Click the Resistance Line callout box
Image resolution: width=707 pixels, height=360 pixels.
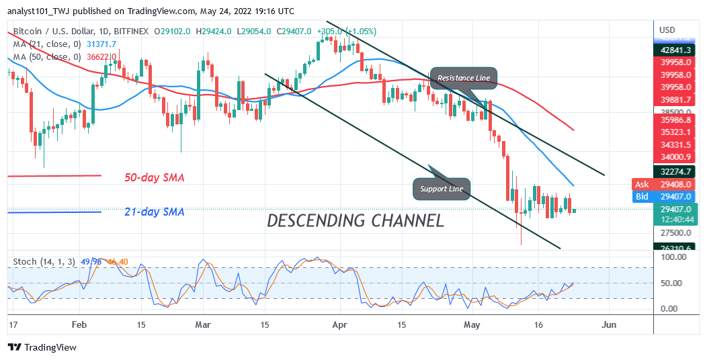[x=464, y=79]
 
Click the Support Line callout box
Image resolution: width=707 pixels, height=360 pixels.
[x=441, y=189]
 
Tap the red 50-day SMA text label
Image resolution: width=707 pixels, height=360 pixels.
[x=154, y=178]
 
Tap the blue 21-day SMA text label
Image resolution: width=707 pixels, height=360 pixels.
[x=154, y=212]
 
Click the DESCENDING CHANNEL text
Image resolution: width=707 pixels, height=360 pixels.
[x=356, y=220]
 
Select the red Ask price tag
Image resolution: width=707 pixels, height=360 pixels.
[x=642, y=184]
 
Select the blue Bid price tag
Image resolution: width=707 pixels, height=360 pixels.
[x=642, y=196]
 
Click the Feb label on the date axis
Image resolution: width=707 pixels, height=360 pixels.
[x=79, y=324]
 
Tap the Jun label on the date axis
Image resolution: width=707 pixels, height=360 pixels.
[x=608, y=324]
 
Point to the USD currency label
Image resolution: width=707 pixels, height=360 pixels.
[x=667, y=30]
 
